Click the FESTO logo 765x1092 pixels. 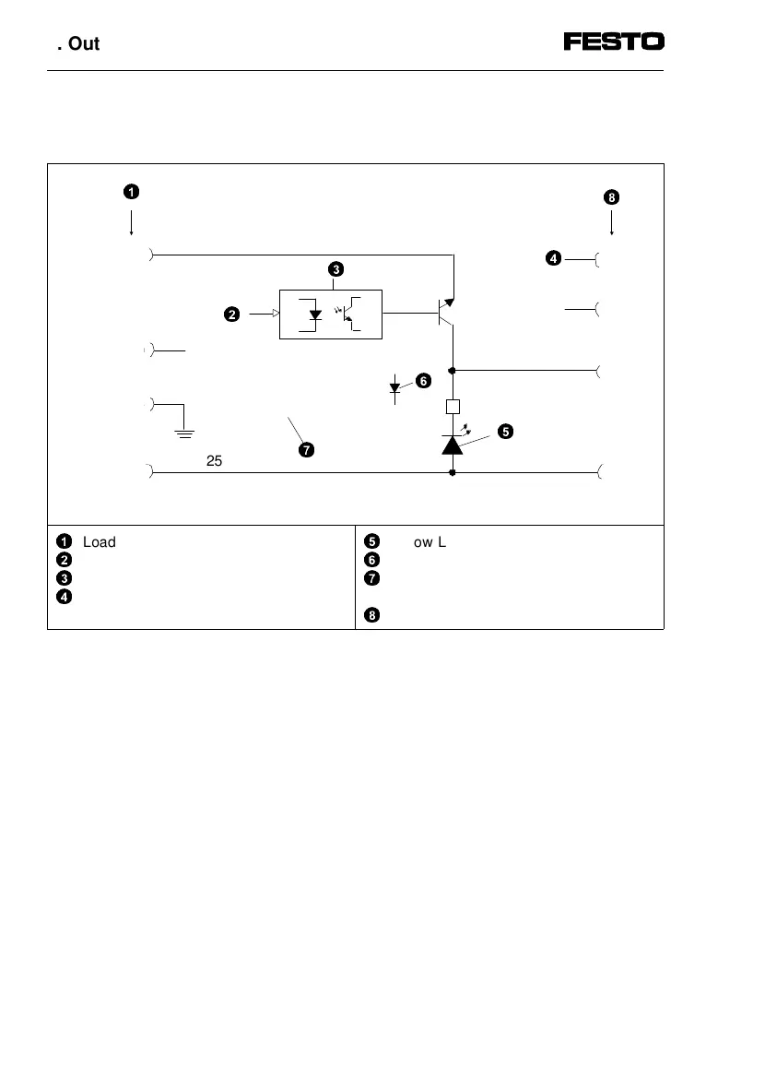click(614, 42)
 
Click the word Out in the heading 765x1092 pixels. click(84, 43)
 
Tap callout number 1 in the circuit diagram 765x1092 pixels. click(132, 192)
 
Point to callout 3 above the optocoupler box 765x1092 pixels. click(335, 269)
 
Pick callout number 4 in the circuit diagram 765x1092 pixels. click(553, 259)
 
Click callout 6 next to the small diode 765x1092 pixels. click(423, 380)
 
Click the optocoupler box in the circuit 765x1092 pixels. click(330, 314)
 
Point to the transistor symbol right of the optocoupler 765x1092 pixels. click(445, 314)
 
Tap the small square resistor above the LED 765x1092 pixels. click(453, 407)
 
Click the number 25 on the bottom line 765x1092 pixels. click(214, 461)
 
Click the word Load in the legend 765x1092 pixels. click(99, 542)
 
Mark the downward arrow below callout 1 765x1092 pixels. click(132, 224)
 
